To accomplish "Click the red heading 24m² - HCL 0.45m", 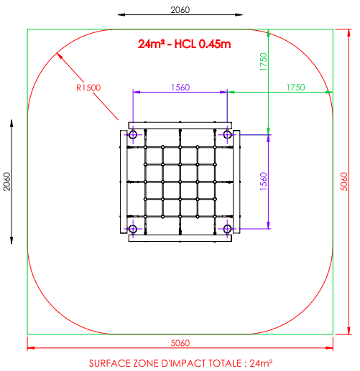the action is tap(184, 44).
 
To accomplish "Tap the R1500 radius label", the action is tap(88, 88).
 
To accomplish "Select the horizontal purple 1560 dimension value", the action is tap(180, 88).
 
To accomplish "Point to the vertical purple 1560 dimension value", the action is tap(264, 182).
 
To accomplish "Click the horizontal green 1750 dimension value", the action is tap(296, 88).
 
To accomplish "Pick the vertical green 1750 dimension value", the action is tap(264, 62).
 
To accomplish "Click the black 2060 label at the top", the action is tap(180, 10).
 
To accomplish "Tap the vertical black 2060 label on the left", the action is tap(7, 182).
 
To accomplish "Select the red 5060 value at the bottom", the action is tap(180, 343).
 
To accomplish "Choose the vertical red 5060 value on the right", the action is tap(344, 182).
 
